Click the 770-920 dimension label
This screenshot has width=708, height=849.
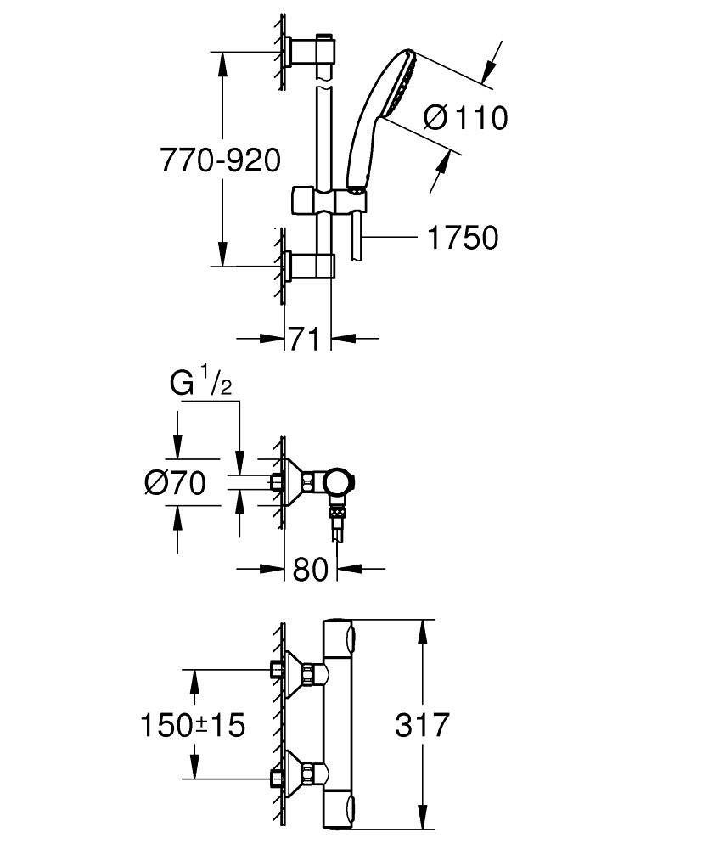220,160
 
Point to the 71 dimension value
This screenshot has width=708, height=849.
306,340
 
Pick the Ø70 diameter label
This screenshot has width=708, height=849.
176,483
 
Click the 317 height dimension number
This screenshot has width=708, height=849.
422,726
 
